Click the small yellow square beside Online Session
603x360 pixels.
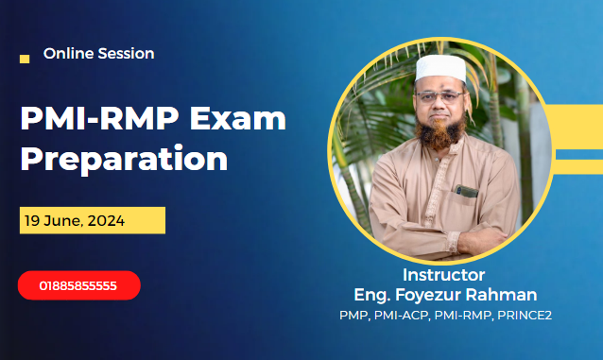point(25,59)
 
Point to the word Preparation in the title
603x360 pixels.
point(124,158)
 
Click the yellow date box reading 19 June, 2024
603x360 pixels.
point(93,220)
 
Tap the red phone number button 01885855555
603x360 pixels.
point(78,284)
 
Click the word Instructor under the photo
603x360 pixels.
point(443,275)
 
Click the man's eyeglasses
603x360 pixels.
point(439,96)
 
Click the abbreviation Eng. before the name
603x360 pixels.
point(370,294)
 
